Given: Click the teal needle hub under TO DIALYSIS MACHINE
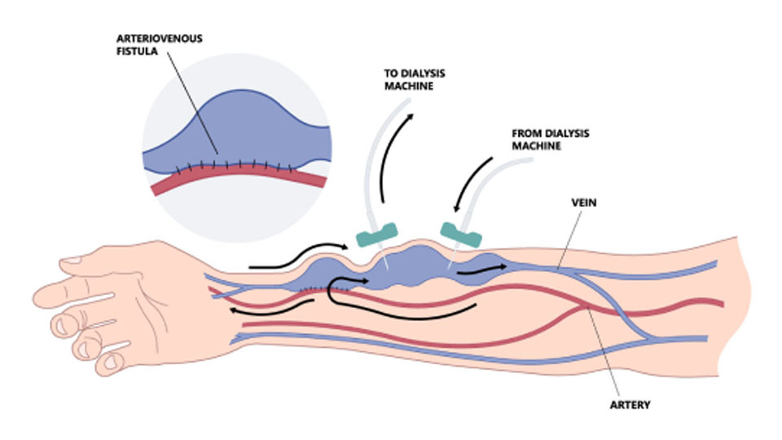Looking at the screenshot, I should tap(374, 237).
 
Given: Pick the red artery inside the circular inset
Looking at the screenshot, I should tap(236, 180).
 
